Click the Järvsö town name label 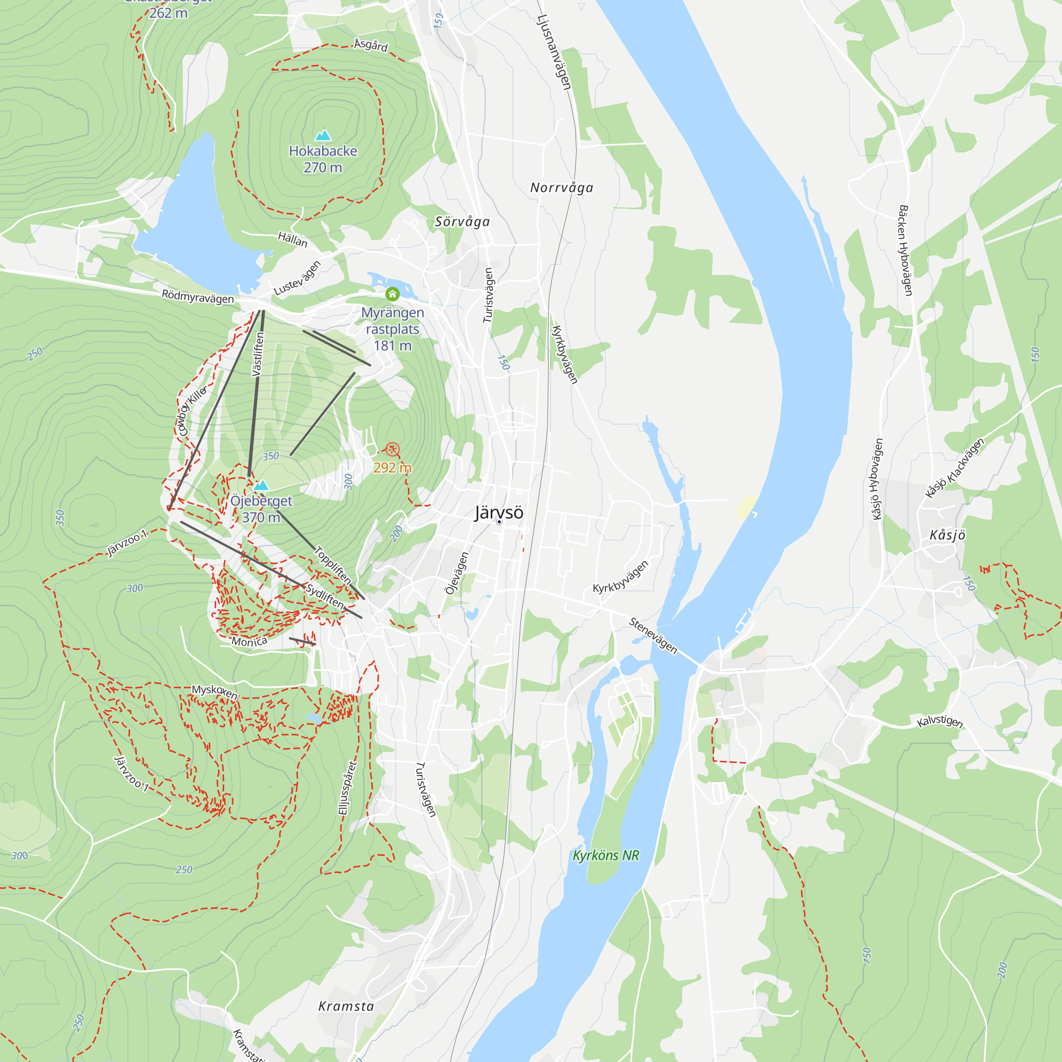pos(499,512)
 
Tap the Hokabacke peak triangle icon pos(323,135)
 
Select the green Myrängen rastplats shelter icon pos(392,294)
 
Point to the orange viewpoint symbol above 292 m pos(392,450)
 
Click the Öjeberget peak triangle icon pos(261,485)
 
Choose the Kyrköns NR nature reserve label pos(606,856)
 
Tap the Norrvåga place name pos(561,188)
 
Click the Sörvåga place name pos(463,222)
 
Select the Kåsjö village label pos(947,535)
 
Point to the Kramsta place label pos(346,1006)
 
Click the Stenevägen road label pos(653,636)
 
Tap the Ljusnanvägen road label pos(554,52)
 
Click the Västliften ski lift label pos(257,355)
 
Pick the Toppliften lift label pos(332,565)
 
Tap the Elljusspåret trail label pos(347,787)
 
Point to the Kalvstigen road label pos(940,722)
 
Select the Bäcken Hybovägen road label pos(905,251)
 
